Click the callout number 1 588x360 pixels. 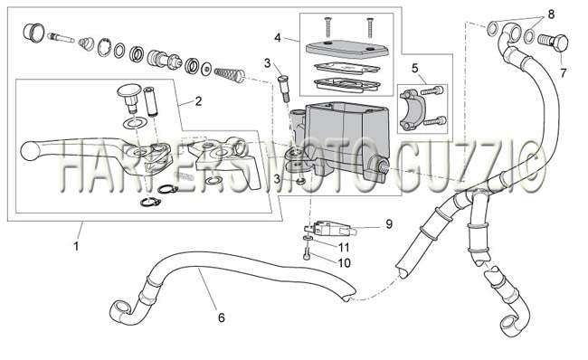click(x=77, y=246)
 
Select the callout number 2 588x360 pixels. click(x=198, y=101)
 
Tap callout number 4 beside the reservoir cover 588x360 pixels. click(x=278, y=38)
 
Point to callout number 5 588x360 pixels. click(x=414, y=68)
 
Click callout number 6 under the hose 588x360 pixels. click(x=222, y=318)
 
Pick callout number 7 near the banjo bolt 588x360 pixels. click(x=564, y=72)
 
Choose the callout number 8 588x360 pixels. click(x=551, y=14)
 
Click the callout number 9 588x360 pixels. click(x=389, y=224)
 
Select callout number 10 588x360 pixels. click(x=344, y=263)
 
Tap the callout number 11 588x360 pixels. click(x=344, y=247)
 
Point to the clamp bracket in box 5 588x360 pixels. click(x=410, y=109)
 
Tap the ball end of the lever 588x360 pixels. click(x=29, y=150)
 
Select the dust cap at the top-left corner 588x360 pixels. click(x=33, y=31)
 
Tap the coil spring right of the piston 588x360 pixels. click(x=230, y=73)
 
